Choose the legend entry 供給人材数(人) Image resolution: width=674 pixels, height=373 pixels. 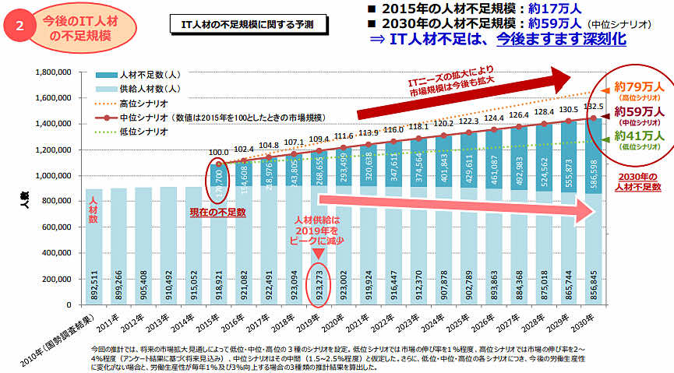(x=151, y=89)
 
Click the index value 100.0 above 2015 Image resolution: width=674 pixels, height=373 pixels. (x=219, y=153)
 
